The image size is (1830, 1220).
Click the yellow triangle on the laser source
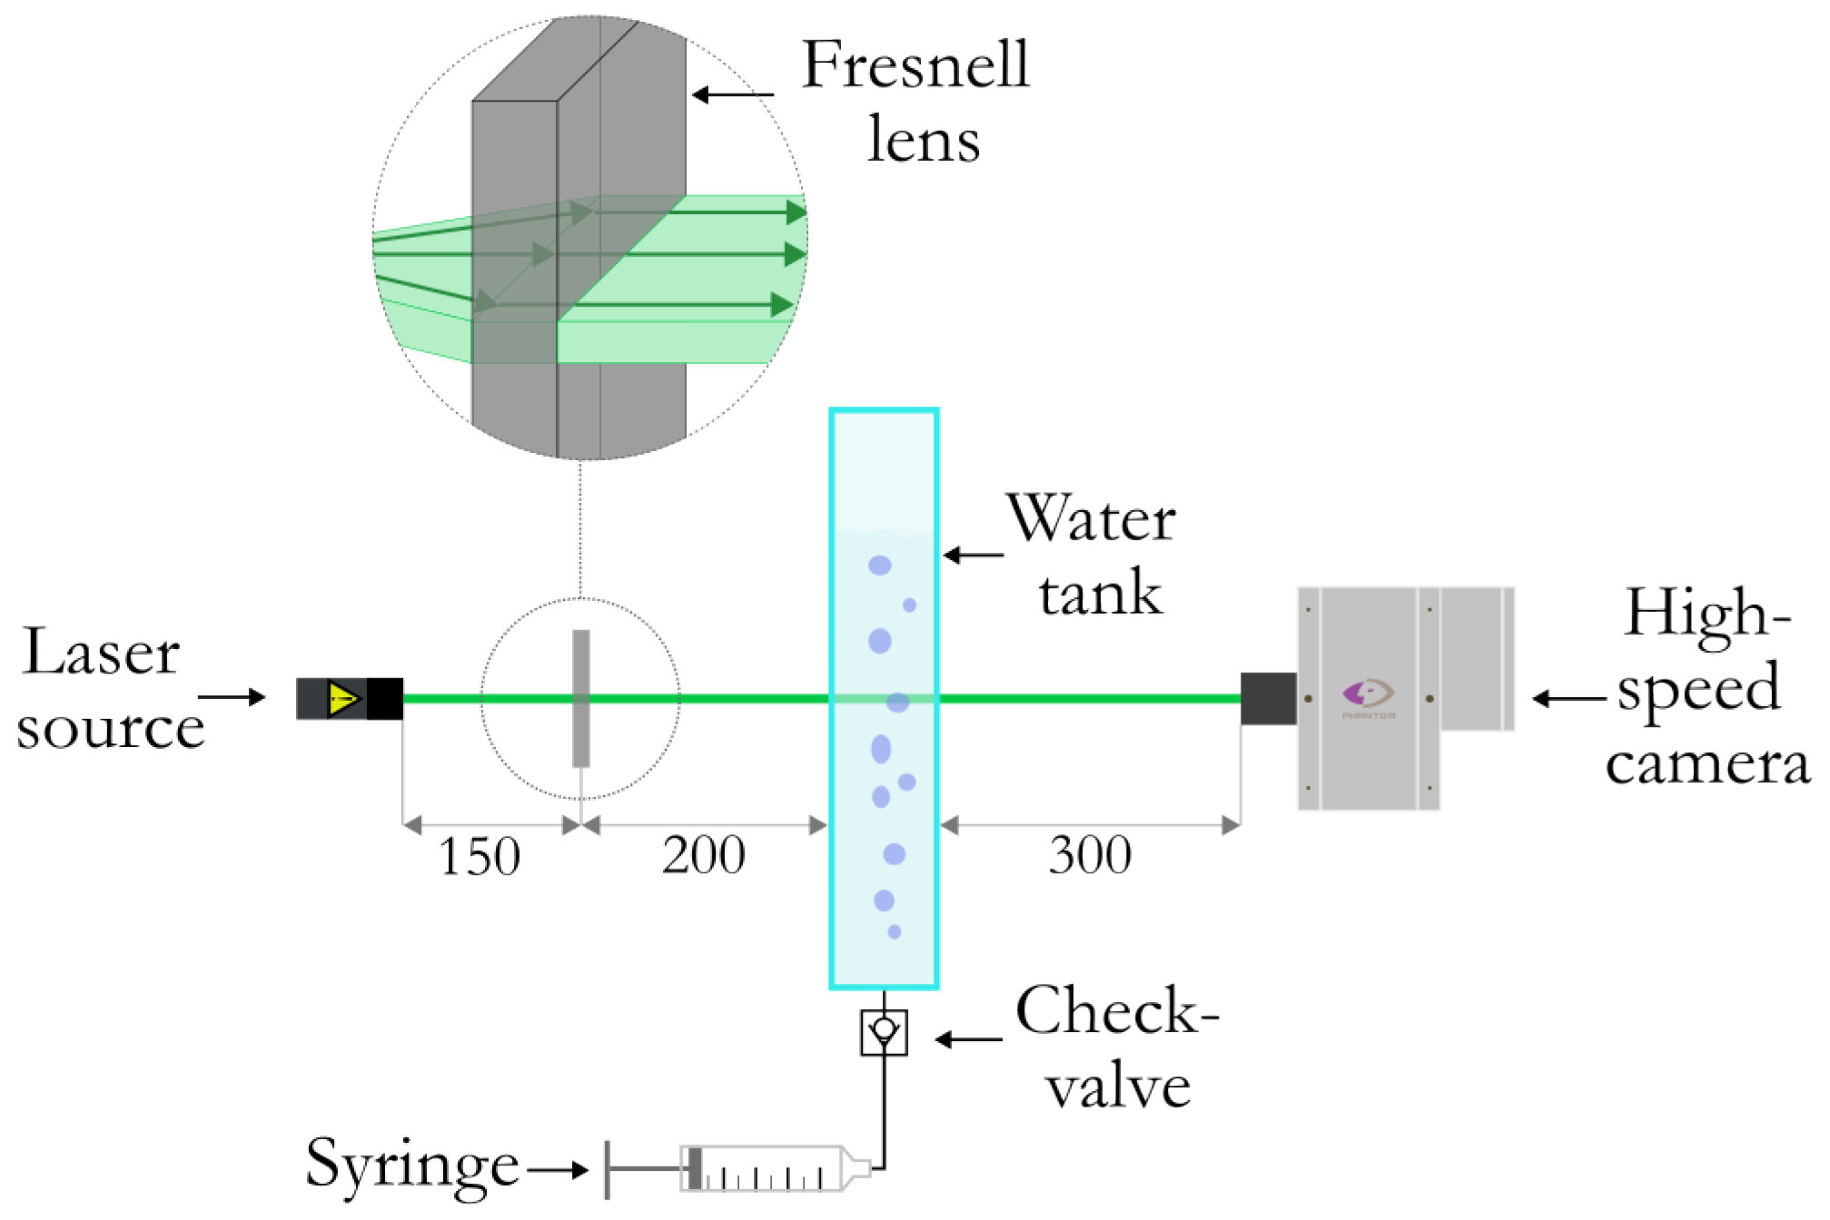click(x=343, y=700)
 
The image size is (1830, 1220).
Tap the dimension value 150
click(x=480, y=857)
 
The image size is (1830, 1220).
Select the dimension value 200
click(x=704, y=855)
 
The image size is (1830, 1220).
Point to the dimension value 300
click(x=1090, y=855)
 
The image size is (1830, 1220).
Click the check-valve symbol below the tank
click(x=884, y=1033)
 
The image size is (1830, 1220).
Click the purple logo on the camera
click(x=1368, y=694)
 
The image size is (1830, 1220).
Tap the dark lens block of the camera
click(x=1269, y=699)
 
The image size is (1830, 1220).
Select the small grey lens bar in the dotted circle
click(x=581, y=699)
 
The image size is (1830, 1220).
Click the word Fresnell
click(x=915, y=65)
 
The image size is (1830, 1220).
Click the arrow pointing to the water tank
click(x=973, y=555)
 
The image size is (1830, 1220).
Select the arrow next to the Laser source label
click(x=232, y=697)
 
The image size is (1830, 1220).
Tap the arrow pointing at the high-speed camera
click(x=1568, y=699)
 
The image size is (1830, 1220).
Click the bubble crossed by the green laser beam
click(x=897, y=702)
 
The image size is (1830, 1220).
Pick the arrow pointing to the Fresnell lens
click(x=732, y=94)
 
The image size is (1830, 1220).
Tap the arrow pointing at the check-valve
click(x=968, y=1039)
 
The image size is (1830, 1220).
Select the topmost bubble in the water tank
click(x=879, y=566)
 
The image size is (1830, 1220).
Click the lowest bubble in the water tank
click(x=895, y=932)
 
